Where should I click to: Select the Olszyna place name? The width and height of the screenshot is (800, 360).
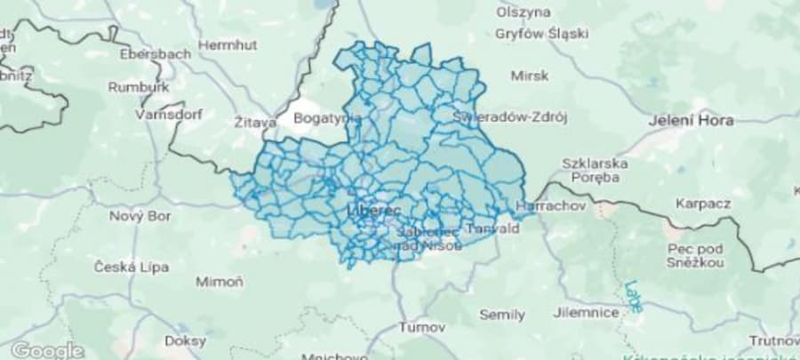[524, 12]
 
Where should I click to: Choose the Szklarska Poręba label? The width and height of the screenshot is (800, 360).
[595, 170]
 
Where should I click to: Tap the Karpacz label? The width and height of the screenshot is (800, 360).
[702, 204]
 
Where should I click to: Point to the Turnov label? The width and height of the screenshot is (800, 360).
[414, 326]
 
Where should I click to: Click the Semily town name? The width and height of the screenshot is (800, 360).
[502, 314]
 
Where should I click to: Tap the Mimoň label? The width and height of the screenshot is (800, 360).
[220, 282]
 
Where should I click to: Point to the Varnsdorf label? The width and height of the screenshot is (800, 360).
[169, 115]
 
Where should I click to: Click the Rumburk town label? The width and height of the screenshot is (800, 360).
[138, 87]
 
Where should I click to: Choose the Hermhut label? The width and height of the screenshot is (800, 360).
[227, 44]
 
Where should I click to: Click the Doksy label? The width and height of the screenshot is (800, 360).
[185, 340]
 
